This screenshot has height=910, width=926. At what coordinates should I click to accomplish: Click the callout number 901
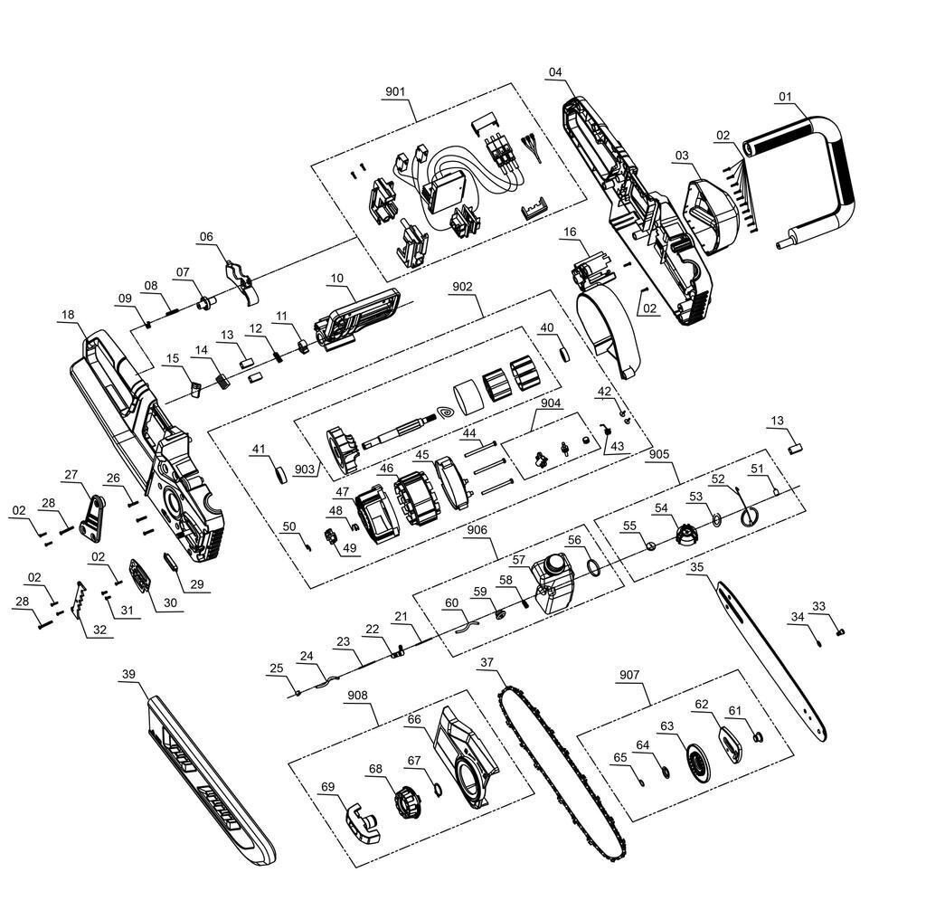click(395, 92)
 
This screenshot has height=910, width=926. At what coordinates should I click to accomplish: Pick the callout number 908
click(359, 696)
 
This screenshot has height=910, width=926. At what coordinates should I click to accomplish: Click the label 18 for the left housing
click(68, 315)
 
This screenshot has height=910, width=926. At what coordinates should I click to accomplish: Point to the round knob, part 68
click(408, 800)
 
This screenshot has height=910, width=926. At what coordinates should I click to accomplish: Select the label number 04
click(555, 72)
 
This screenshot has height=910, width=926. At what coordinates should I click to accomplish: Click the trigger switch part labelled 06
click(241, 280)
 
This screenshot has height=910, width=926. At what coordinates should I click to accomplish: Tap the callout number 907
click(629, 675)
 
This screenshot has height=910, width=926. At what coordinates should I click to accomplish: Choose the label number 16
click(569, 232)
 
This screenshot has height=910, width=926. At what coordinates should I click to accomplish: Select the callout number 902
click(462, 286)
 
